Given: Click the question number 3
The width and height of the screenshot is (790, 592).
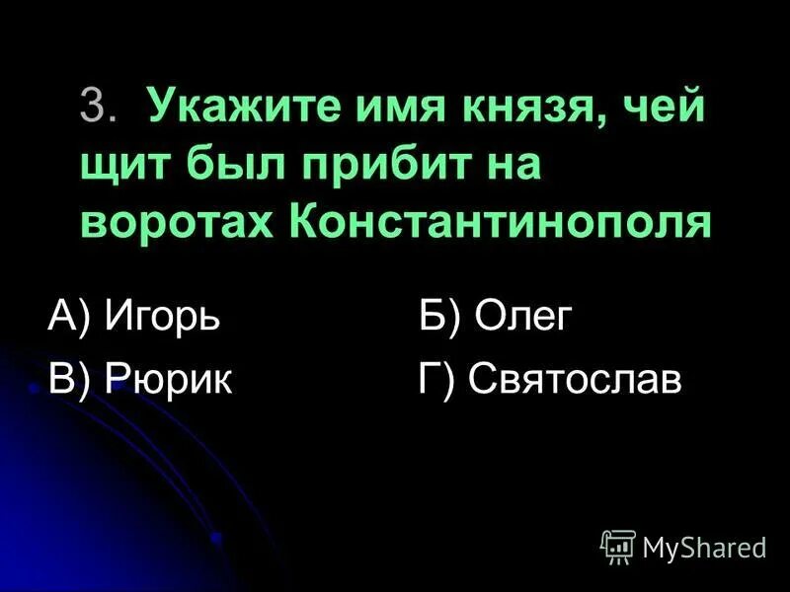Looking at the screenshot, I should pyautogui.click(x=96, y=108).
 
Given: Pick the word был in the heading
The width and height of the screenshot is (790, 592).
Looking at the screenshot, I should pyautogui.click(x=227, y=165).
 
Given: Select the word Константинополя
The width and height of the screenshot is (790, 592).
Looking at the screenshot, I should pyautogui.click(x=501, y=223).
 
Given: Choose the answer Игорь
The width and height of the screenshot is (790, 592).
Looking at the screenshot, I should pyautogui.click(x=162, y=320).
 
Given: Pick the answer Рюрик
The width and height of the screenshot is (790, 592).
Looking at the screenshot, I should pyautogui.click(x=168, y=380).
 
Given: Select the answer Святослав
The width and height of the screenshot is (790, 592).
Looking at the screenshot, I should pyautogui.click(x=575, y=380).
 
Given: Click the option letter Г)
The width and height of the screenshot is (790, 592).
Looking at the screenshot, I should pyautogui.click(x=436, y=380).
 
